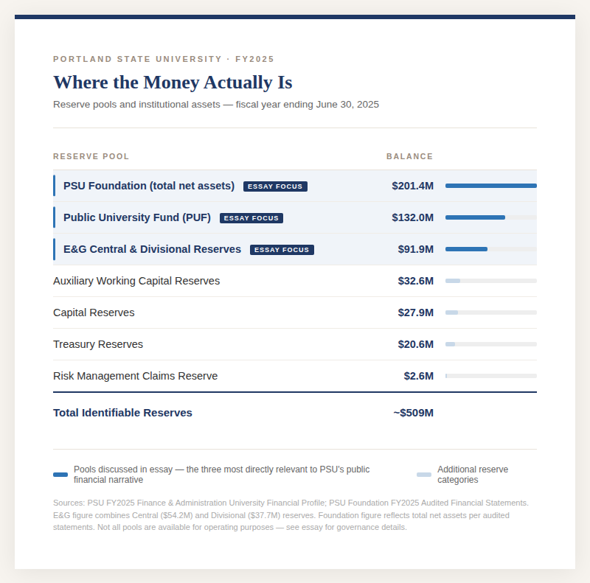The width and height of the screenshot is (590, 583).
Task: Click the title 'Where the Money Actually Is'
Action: click(x=173, y=82)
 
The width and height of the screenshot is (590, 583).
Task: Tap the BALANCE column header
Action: click(x=409, y=156)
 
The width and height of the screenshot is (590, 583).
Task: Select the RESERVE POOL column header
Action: click(x=91, y=156)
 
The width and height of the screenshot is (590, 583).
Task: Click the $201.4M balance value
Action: click(x=412, y=186)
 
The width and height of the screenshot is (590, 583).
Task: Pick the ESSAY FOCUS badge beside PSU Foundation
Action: click(x=275, y=186)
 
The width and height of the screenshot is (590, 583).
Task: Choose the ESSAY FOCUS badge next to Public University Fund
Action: click(x=251, y=218)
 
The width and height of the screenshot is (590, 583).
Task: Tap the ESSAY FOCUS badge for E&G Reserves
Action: click(x=282, y=250)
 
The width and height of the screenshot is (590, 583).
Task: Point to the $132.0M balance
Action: click(x=412, y=217)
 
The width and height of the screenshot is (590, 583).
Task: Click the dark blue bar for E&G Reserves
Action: click(x=466, y=249)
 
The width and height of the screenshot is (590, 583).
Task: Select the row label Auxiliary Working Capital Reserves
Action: click(x=136, y=281)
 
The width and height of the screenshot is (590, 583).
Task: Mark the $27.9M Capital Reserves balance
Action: click(x=415, y=313)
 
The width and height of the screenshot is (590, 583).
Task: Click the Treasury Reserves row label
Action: click(x=98, y=344)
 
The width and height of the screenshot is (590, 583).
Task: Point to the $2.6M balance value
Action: click(x=418, y=376)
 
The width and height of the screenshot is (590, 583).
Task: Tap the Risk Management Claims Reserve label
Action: click(x=135, y=376)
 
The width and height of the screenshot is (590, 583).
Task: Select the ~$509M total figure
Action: click(x=413, y=413)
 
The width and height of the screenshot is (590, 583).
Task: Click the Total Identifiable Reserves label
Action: click(x=122, y=413)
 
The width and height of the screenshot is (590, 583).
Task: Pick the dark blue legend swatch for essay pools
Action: click(x=60, y=475)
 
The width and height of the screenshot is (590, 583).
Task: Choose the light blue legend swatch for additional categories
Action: click(x=424, y=475)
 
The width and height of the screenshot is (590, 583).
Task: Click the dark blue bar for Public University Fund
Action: click(x=475, y=217)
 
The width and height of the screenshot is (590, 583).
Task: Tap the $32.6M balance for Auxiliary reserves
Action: click(x=415, y=281)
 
